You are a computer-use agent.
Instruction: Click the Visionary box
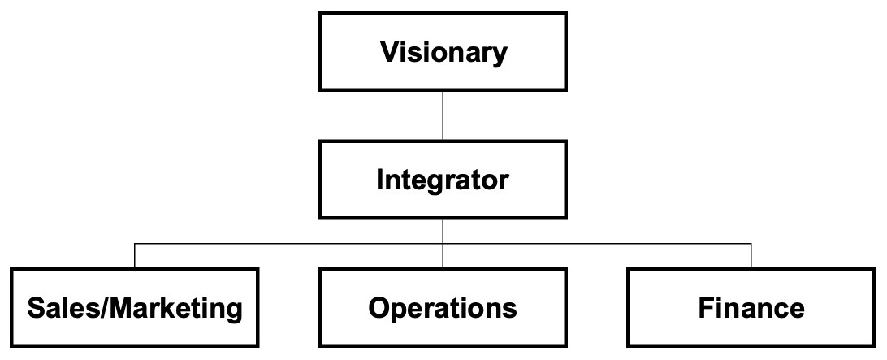point(443,51)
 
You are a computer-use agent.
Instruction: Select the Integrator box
point(443,180)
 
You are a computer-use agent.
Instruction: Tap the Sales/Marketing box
point(135,307)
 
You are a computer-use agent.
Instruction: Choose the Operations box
point(443,307)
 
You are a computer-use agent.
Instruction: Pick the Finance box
point(751,307)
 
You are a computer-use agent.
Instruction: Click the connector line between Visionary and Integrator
point(443,116)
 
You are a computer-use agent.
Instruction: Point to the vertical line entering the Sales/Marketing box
point(135,256)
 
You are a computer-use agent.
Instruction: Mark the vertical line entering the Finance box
point(751,256)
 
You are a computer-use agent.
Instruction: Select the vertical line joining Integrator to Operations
point(443,244)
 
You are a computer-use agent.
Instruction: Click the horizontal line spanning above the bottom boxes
point(443,244)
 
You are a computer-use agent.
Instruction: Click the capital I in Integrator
point(380,180)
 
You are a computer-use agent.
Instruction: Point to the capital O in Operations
point(380,308)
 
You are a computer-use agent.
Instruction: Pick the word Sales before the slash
point(63,308)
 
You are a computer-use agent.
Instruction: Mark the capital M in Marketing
point(120,308)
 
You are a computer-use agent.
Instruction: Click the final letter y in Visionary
point(500,56)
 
